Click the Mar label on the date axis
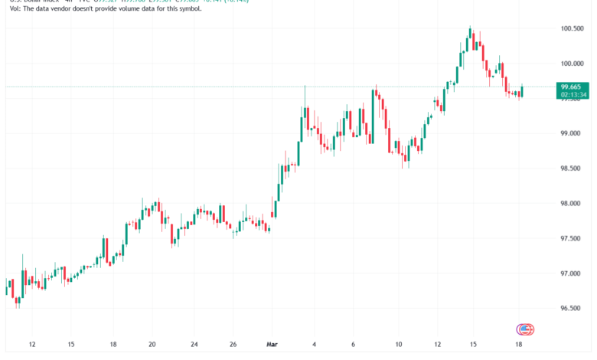pyautogui.click(x=272, y=345)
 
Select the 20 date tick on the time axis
pyautogui.click(x=152, y=345)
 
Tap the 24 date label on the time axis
pyautogui.click(x=194, y=345)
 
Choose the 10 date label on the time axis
pyautogui.click(x=398, y=345)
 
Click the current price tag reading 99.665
pyautogui.click(x=573, y=87)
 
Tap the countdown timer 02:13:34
pyautogui.click(x=573, y=95)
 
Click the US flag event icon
pyautogui.click(x=524, y=329)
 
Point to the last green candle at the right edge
pyautogui.click(x=522, y=91)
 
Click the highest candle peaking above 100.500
pyautogui.click(x=470, y=34)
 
